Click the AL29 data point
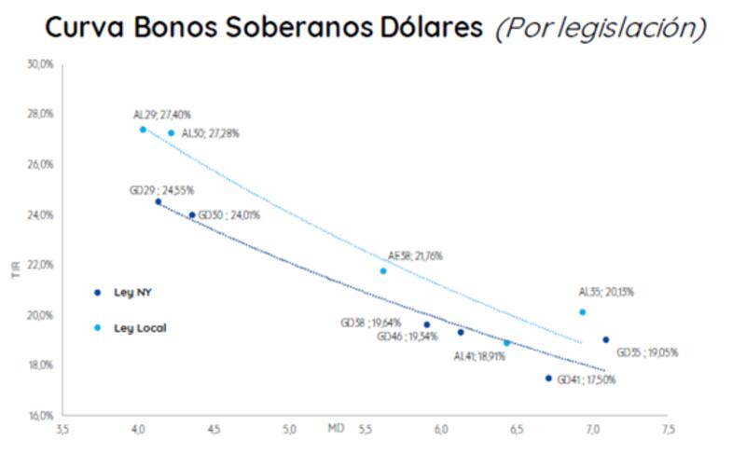tap(143, 130)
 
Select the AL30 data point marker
tap(171, 133)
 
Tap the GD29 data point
tap(158, 201)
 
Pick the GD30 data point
tap(192, 215)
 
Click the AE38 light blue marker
tap(383, 271)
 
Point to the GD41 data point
tap(548, 379)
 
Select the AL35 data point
tap(583, 312)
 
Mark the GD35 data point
tap(606, 340)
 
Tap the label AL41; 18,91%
tap(479, 356)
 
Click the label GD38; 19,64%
tap(371, 323)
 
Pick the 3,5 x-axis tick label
tap(62, 431)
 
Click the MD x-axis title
tap(336, 430)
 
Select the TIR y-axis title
tap(15, 269)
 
